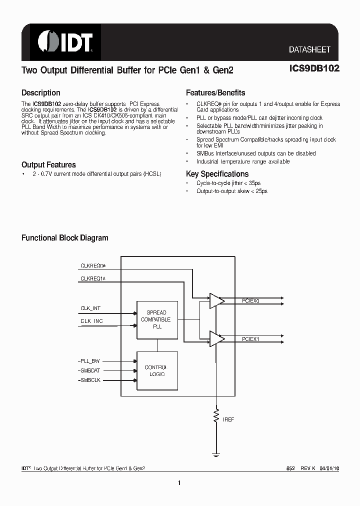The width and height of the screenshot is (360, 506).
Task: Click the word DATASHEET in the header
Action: pyautogui.click(x=309, y=50)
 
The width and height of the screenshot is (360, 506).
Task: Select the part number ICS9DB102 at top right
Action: pyautogui.click(x=314, y=69)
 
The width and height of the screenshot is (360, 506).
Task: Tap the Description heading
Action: pyautogui.click(x=41, y=93)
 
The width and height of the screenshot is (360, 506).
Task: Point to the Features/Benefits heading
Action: pyautogui.click(x=215, y=93)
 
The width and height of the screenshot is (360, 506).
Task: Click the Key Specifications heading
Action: pyautogui.click(x=217, y=174)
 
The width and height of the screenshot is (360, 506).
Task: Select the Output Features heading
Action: pyautogui.click(x=48, y=165)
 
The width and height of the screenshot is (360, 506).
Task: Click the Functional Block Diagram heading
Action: pyautogui.click(x=64, y=238)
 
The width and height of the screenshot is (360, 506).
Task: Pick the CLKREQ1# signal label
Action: pyautogui.click(x=93, y=278)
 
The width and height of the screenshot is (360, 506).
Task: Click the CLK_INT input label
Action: pyautogui.click(x=91, y=308)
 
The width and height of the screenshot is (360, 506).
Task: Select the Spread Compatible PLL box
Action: pyautogui.click(x=157, y=319)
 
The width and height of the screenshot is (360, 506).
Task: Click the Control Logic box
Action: pyautogui.click(x=157, y=370)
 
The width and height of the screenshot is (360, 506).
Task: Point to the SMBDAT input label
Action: pyautogui.click(x=90, y=370)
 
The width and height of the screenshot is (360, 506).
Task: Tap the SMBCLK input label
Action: pyautogui.click(x=90, y=380)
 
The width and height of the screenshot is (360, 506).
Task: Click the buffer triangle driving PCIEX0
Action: pyautogui.click(x=216, y=300)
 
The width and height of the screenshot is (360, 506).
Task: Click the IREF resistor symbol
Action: pyautogui.click(x=216, y=415)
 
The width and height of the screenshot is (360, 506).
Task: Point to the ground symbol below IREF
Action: pyautogui.click(x=216, y=455)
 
